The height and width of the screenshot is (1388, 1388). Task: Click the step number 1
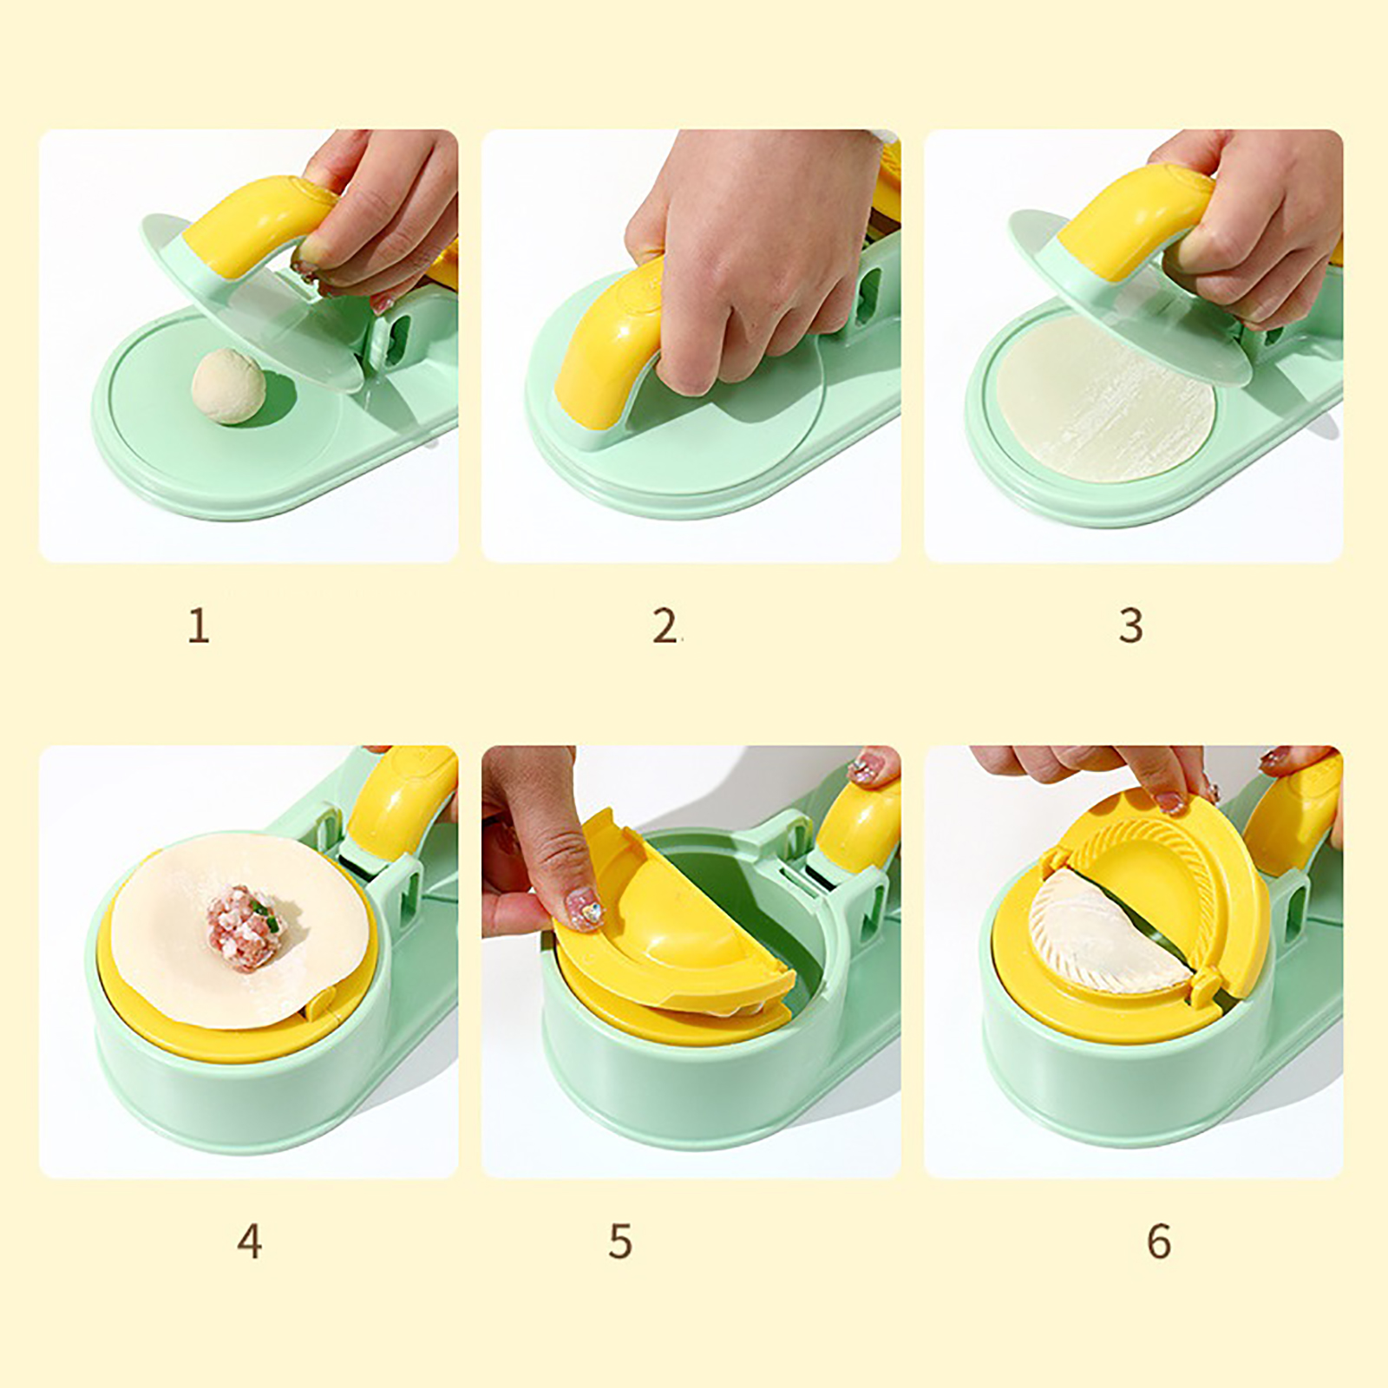199,625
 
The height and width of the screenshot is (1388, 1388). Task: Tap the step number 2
665,625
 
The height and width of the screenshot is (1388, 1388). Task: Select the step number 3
1130,625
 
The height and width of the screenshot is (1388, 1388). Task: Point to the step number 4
250,1241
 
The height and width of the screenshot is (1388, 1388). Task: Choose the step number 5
620,1241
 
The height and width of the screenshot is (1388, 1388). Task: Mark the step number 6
1159,1241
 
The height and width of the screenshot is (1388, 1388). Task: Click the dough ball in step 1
229,387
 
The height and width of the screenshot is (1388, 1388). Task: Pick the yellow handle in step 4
399,802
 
